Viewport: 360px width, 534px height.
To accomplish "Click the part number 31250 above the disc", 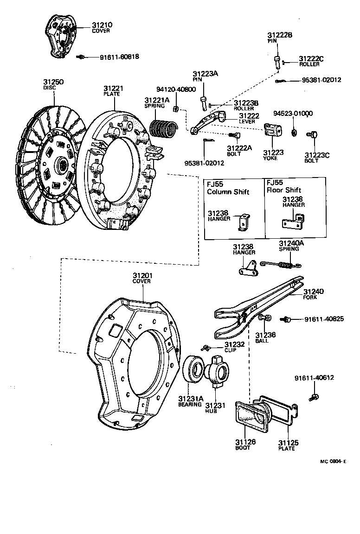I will coord(53,82).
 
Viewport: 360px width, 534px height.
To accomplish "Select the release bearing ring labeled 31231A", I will coord(193,371).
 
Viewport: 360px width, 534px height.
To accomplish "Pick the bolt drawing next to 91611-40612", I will coord(314,397).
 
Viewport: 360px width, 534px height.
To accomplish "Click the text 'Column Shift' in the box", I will coord(228,192).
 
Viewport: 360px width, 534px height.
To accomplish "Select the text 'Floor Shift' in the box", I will coord(283,190).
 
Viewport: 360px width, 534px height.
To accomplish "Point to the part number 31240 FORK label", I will coord(314,292).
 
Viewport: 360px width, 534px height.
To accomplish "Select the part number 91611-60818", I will coord(119,57).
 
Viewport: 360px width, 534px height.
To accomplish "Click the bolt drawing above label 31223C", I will coord(312,135).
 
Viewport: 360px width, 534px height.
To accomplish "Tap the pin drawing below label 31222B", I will coord(276,62).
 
